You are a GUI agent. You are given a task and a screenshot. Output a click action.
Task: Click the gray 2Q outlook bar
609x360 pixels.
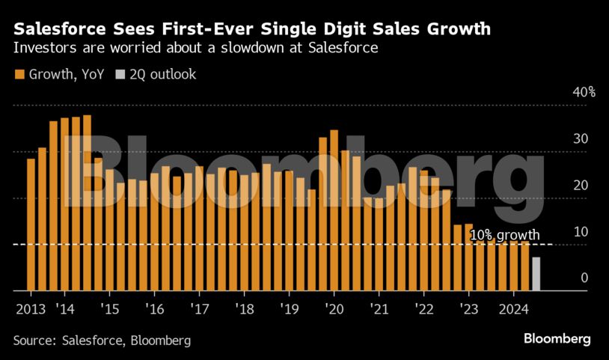tap(536, 274)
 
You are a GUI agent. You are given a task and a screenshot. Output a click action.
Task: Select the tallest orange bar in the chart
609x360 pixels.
tap(87, 202)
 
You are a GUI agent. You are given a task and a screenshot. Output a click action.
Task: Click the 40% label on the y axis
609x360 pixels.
tap(584, 93)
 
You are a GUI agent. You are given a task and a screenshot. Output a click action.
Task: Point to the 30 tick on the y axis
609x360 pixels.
tap(581, 139)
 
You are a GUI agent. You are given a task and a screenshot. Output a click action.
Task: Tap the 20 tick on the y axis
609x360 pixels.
tap(581, 186)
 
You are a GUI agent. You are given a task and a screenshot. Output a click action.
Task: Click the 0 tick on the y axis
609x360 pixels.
tap(584, 278)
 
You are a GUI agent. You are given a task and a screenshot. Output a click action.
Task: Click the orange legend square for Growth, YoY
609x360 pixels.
tap(19, 74)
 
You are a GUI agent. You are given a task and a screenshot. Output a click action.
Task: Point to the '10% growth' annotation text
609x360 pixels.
tap(505, 235)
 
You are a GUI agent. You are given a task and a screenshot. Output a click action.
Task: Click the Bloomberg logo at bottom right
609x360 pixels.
tap(557, 339)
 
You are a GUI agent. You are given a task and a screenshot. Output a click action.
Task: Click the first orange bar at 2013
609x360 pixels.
tap(31, 225)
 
